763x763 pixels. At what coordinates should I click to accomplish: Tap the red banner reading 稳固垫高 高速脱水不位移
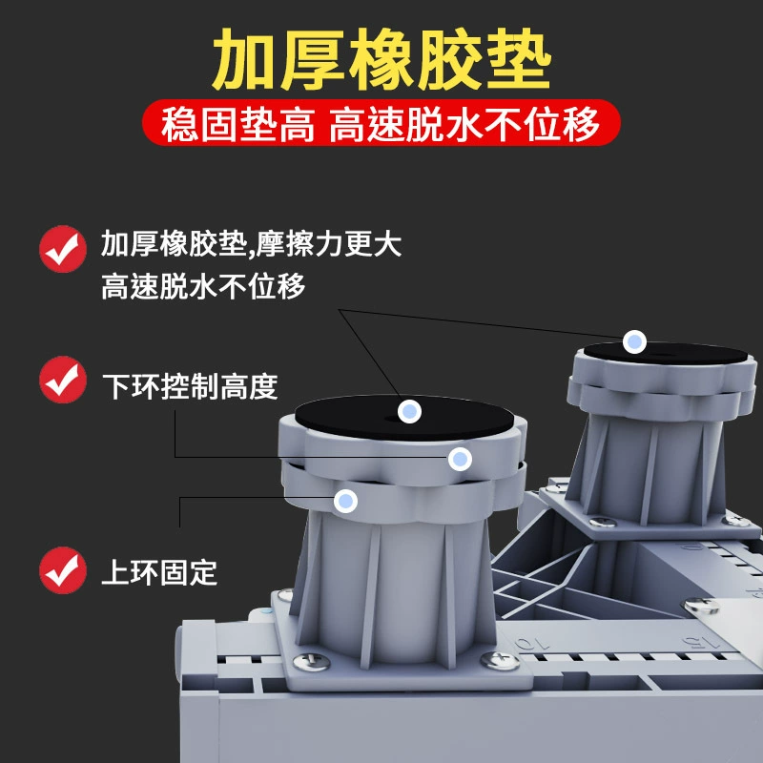click(x=381, y=123)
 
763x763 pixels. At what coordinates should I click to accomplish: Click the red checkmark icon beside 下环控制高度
click(x=63, y=380)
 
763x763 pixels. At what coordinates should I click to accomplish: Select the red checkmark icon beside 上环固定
click(x=63, y=569)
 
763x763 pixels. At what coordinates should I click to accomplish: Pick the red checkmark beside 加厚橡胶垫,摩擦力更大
click(x=63, y=249)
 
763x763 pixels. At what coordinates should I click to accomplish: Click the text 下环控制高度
click(x=190, y=387)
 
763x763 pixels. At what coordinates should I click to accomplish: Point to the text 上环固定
click(x=159, y=572)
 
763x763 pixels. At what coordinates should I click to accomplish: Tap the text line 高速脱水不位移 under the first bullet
click(x=203, y=286)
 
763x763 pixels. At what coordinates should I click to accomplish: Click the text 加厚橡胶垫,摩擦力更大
click(x=251, y=243)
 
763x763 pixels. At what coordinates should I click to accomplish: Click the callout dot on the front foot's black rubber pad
click(x=410, y=411)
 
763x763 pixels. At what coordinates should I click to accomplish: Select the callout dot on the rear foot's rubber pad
click(x=634, y=341)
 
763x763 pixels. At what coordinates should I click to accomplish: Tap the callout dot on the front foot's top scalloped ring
click(x=460, y=459)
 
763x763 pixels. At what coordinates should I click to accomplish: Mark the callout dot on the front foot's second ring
click(x=345, y=501)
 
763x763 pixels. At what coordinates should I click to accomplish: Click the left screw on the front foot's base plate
click(x=312, y=661)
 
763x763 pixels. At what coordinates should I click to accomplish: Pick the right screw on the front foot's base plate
click(x=500, y=660)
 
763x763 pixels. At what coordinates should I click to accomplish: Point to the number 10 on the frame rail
click(x=533, y=643)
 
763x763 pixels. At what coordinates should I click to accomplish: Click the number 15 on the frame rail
click(x=701, y=642)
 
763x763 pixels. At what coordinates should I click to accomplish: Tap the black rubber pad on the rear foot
click(x=666, y=353)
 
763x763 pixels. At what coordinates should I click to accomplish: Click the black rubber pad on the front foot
click(x=404, y=417)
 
